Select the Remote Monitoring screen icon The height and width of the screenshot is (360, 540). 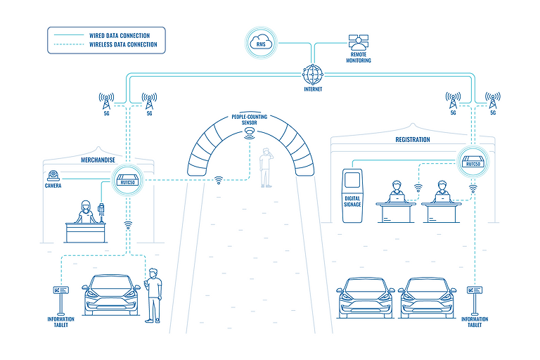359,42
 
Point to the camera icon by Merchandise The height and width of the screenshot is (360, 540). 53,176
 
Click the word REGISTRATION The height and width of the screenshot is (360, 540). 413,139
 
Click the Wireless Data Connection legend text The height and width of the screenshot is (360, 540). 123,45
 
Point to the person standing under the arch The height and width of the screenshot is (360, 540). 266,169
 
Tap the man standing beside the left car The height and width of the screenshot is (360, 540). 153,296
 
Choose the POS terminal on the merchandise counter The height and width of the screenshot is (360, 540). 101,210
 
